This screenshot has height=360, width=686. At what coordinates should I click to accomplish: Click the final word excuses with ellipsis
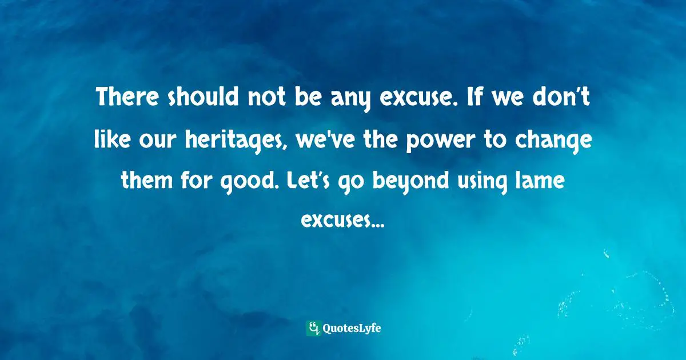(342, 221)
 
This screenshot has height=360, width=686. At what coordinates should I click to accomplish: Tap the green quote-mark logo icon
(313, 328)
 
